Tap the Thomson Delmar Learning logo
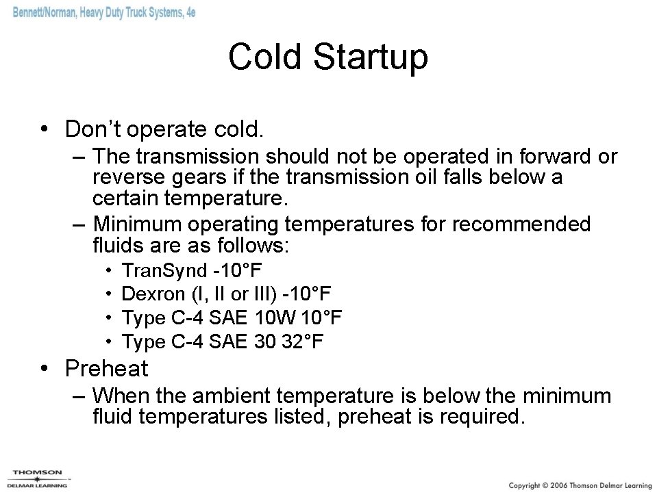tap(38, 477)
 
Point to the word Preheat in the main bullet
tap(106, 369)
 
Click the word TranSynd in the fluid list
tap(163, 272)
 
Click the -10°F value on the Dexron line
tap(306, 295)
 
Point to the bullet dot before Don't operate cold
tap(44, 129)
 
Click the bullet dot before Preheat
tap(44, 369)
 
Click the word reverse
tap(126, 179)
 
